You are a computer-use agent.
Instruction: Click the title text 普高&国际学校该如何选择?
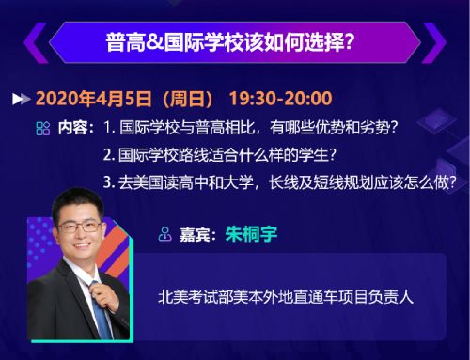click(x=230, y=42)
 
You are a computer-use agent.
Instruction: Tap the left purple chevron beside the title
click(x=35, y=42)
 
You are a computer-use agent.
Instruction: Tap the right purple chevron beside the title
click(x=434, y=42)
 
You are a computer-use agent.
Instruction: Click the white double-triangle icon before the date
click(x=21, y=99)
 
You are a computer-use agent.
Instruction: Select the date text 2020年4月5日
click(x=94, y=99)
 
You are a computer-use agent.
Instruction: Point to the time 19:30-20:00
click(x=281, y=99)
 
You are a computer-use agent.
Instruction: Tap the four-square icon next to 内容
click(x=43, y=128)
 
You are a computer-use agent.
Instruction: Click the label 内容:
click(x=76, y=128)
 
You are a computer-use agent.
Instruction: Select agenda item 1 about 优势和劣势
click(x=251, y=128)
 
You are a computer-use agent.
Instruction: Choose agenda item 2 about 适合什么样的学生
click(x=220, y=155)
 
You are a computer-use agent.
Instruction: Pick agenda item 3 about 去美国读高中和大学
click(x=279, y=182)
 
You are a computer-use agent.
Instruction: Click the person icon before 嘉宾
click(x=164, y=234)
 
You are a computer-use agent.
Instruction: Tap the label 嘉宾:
click(x=198, y=234)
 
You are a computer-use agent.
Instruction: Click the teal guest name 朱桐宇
click(x=251, y=234)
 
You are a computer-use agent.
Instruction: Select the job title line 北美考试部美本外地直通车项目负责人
click(x=286, y=297)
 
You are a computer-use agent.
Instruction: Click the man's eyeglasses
click(x=80, y=227)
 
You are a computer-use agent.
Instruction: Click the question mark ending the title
click(x=349, y=42)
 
